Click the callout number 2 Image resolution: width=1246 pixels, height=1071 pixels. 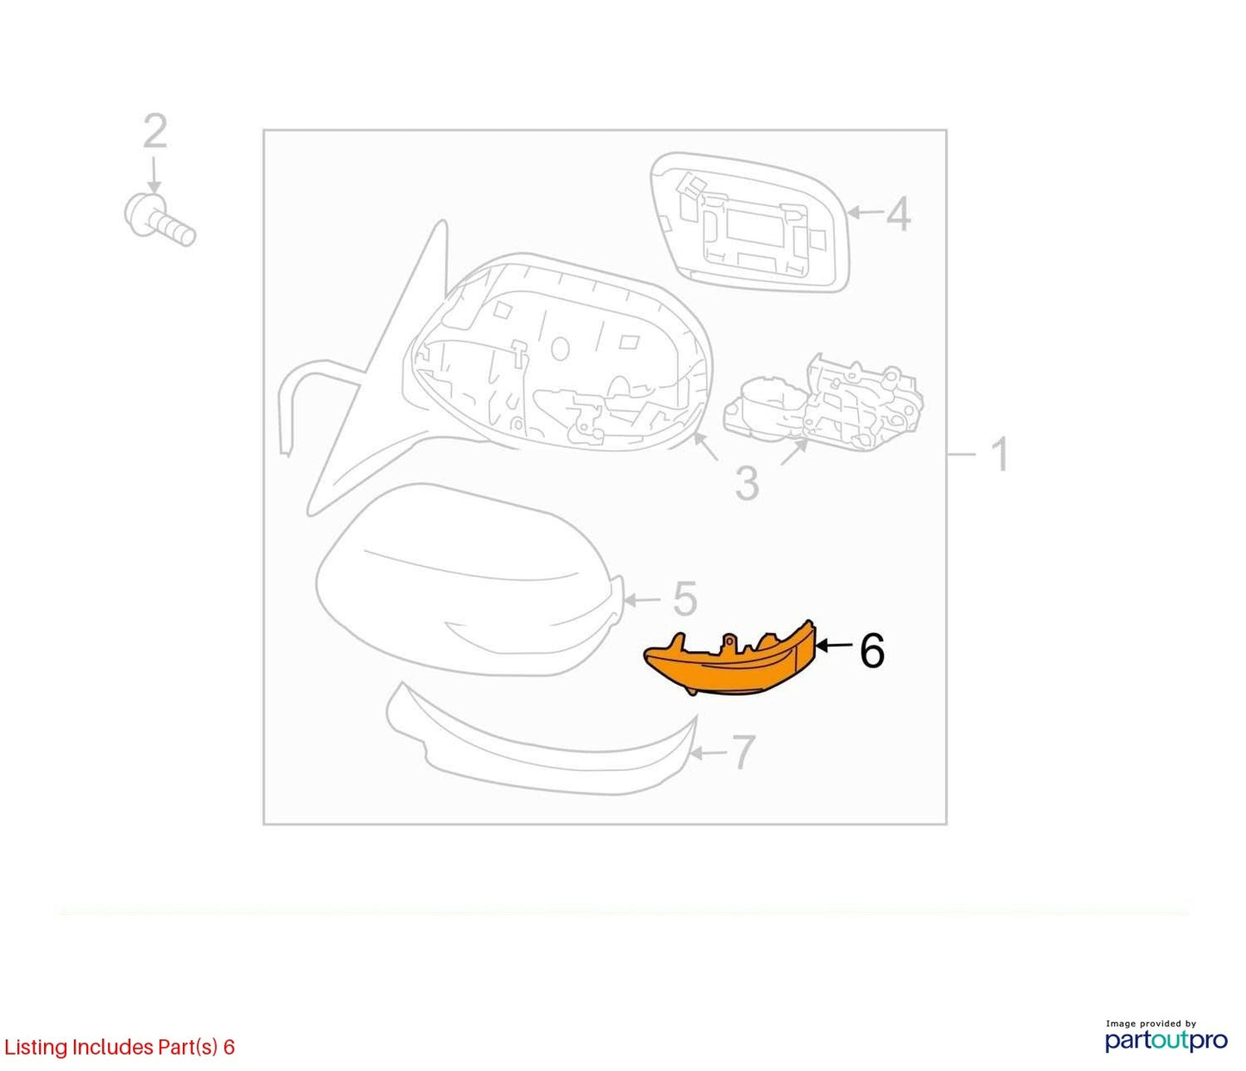click(154, 131)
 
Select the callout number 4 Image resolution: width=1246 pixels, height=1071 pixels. click(898, 213)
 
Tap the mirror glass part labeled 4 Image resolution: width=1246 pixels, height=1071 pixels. click(750, 222)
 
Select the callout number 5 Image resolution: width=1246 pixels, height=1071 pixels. click(685, 598)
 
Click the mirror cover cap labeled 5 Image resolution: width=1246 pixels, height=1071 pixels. click(470, 579)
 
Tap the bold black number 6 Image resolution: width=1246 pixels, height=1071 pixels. click(873, 651)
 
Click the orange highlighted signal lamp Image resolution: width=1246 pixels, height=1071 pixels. click(730, 660)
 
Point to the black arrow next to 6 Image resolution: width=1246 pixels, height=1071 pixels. click(835, 646)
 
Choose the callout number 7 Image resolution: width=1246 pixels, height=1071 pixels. click(742, 752)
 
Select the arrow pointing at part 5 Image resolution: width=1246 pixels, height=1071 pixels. click(643, 599)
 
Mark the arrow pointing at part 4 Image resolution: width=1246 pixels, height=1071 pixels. click(866, 212)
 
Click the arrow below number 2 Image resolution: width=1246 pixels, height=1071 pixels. click(154, 175)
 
